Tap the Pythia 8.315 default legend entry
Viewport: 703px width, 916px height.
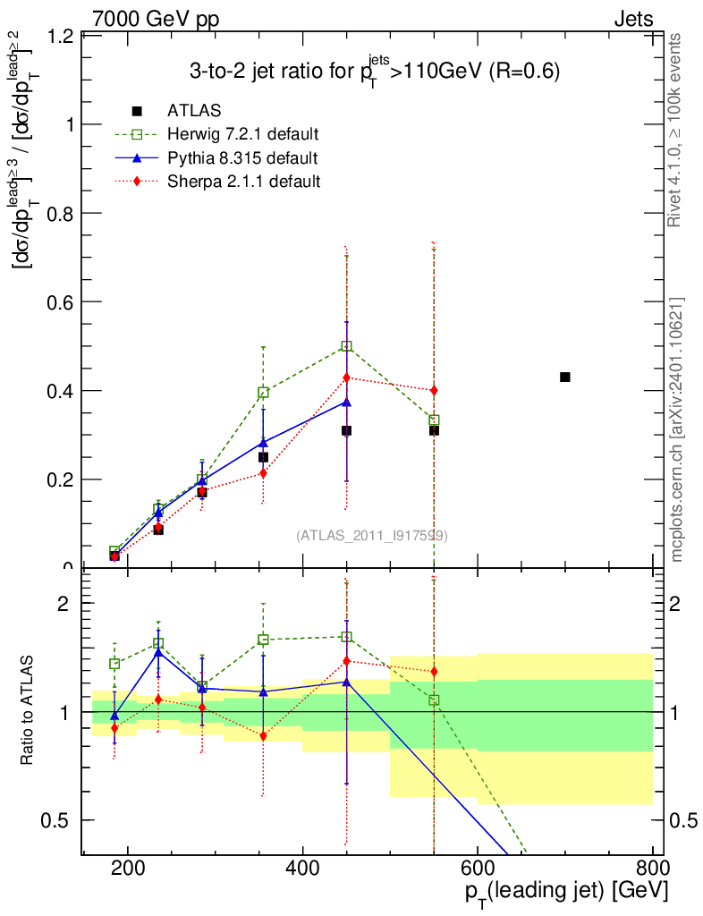tap(242, 158)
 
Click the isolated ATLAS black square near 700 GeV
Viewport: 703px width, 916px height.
tap(565, 377)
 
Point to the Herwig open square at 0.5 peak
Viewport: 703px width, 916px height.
tap(346, 346)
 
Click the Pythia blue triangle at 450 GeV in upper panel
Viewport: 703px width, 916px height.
tap(346, 402)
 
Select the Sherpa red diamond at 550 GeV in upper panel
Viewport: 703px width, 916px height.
tap(434, 390)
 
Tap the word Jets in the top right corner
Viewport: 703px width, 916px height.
tap(633, 19)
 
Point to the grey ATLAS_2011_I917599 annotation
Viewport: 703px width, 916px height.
tap(372, 535)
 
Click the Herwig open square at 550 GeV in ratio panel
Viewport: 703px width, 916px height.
tap(434, 700)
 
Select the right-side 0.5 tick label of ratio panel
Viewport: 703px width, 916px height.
tap(682, 820)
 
